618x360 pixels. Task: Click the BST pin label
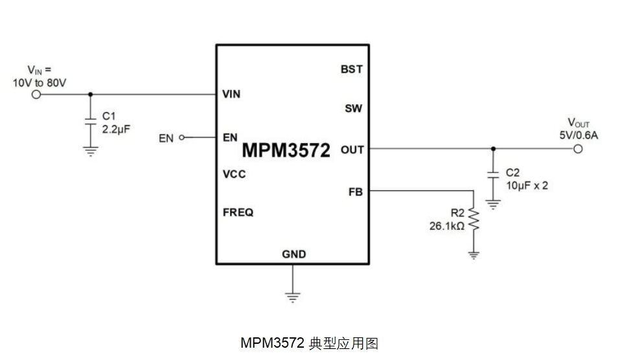(352, 69)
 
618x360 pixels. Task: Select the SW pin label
(353, 109)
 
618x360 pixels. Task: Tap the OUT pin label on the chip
(352, 150)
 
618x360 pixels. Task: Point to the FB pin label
(356, 192)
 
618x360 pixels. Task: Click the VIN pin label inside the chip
(231, 95)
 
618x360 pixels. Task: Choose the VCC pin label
(234, 175)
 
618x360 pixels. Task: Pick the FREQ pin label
(238, 212)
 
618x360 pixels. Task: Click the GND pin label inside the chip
(293, 254)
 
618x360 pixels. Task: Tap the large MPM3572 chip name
(286, 150)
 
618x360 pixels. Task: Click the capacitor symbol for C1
(91, 120)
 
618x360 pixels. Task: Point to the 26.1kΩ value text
(447, 227)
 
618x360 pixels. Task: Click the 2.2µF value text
(117, 128)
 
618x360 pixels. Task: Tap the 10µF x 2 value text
(527, 185)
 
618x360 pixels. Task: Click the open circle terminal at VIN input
(36, 95)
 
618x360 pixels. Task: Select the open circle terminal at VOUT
(578, 149)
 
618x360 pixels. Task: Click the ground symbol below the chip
(293, 297)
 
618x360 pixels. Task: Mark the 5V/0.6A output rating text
(578, 135)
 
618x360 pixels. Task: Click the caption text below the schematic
(309, 343)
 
